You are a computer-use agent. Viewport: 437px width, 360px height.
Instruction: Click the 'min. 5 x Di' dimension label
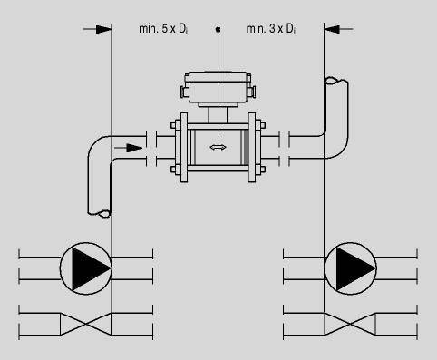(x=163, y=29)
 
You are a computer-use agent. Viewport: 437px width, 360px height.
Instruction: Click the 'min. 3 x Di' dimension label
(x=271, y=29)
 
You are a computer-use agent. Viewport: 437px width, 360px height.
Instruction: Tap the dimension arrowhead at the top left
(x=103, y=29)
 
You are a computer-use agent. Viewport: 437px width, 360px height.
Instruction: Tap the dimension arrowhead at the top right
(x=332, y=29)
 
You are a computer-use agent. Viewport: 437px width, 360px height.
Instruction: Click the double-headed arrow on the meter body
(x=218, y=148)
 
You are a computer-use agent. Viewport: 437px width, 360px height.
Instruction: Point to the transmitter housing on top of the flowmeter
(x=218, y=88)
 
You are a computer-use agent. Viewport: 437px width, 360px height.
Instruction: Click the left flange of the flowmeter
(x=184, y=147)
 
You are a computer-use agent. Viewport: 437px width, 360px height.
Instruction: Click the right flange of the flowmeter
(x=252, y=147)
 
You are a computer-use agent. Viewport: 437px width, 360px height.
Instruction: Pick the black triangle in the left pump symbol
(x=90, y=268)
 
